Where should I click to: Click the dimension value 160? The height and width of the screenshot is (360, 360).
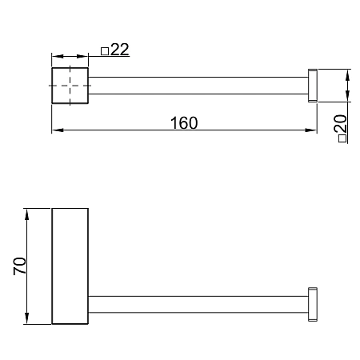click(184, 123)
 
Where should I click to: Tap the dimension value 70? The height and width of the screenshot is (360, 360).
click(20, 266)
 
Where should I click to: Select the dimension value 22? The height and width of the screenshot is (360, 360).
click(120, 50)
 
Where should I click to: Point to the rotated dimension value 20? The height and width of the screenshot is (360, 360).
click(340, 124)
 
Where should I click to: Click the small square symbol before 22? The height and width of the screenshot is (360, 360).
click(105, 51)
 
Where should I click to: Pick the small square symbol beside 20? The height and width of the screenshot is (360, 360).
click(342, 138)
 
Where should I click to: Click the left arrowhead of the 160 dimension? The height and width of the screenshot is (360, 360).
click(58, 130)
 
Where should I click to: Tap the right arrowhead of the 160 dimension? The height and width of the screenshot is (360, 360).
click(311, 130)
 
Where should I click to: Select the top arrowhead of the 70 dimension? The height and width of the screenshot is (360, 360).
click(26, 214)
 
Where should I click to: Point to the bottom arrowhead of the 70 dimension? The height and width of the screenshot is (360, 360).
click(26, 318)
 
